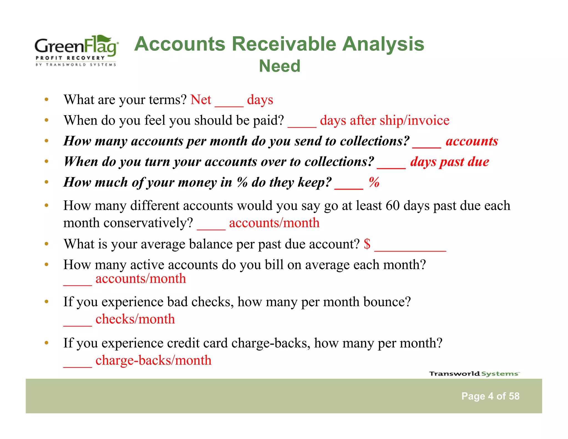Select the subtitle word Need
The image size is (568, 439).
(280, 66)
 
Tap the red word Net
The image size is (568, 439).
(201, 100)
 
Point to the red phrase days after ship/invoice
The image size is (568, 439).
(384, 120)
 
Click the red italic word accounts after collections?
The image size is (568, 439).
(471, 141)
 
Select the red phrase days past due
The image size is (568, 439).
(449, 162)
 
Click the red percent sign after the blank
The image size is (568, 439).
(374, 182)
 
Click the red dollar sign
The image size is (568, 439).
(367, 244)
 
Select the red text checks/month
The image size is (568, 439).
(135, 319)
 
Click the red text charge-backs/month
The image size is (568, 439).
(153, 360)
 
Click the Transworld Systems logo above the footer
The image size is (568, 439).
(474, 374)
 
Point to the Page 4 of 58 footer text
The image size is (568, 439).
(490, 396)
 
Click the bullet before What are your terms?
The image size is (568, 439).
(47, 100)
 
